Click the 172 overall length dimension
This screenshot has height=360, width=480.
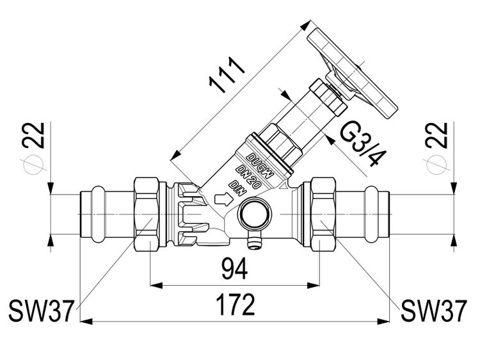235,304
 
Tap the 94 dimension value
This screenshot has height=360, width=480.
234,268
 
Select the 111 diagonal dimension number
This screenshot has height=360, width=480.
226,75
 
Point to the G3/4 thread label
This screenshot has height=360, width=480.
359,143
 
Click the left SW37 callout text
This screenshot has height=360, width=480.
42,311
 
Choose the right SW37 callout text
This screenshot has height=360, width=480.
434,311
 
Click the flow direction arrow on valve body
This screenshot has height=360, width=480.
222,199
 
